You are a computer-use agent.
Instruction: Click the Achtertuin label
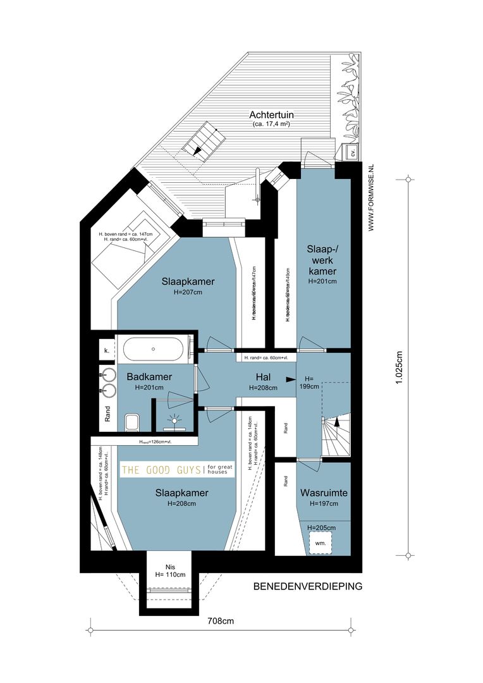(272, 115)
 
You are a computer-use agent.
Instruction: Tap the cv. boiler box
(353, 152)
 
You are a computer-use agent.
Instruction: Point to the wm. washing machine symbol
(321, 543)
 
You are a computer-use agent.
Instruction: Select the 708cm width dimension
(221, 621)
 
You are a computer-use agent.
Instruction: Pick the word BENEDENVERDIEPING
(307, 586)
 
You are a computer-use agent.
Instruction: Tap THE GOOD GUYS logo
(178, 469)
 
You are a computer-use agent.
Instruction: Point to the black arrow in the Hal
(290, 379)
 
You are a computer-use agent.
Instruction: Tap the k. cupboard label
(106, 350)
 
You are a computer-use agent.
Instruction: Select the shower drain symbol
(174, 419)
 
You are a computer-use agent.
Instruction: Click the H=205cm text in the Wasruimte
(321, 527)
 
